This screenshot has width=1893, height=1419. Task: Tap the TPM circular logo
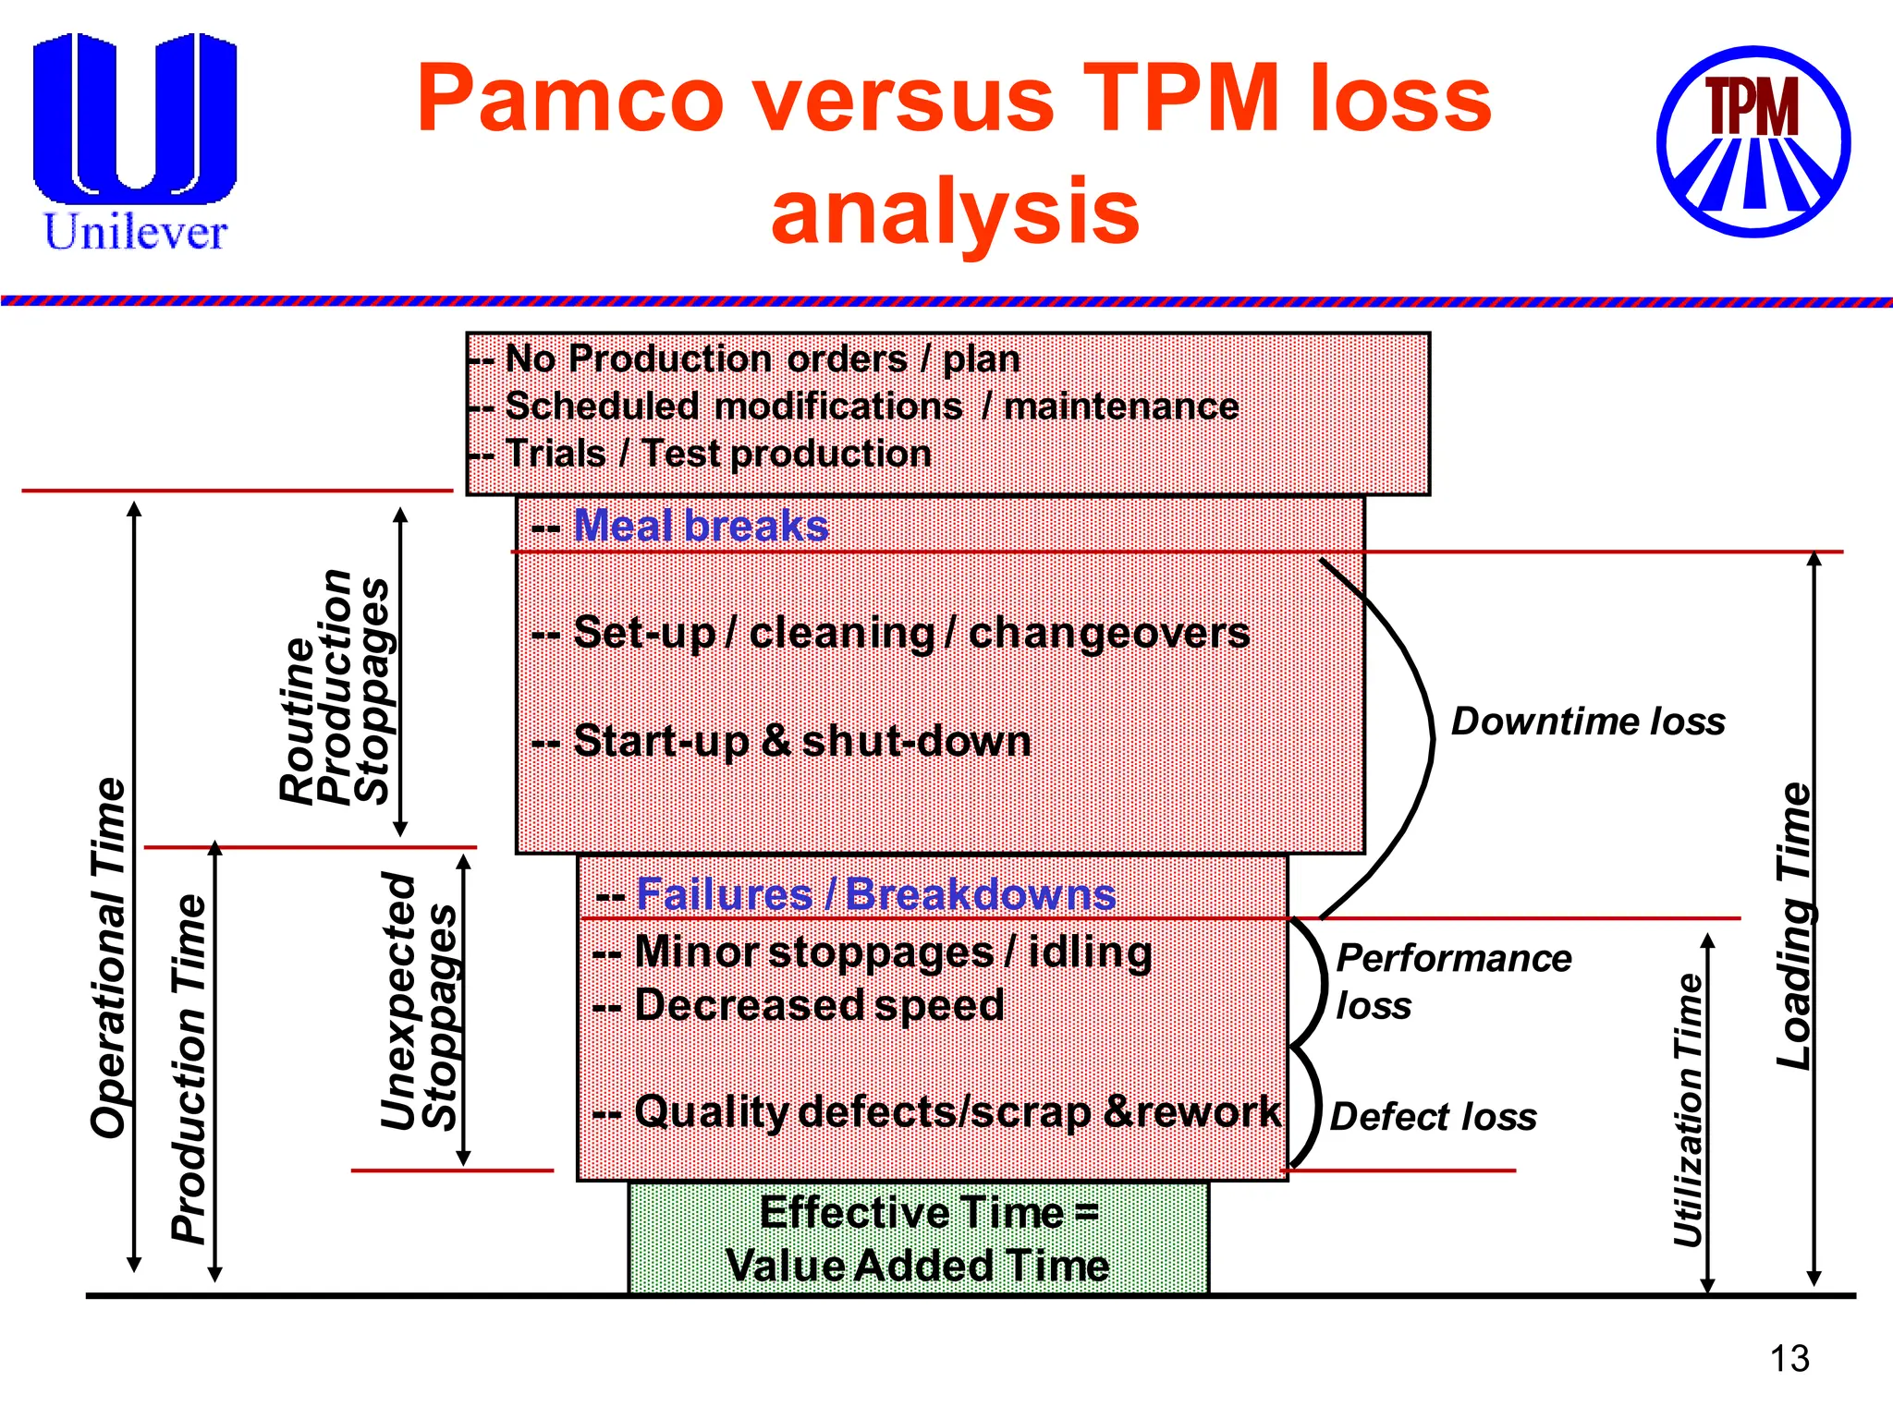pos(1753,141)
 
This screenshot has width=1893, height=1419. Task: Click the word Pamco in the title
pos(570,98)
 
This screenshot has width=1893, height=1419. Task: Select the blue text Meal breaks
pos(700,526)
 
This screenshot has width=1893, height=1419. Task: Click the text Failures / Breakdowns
pos(874,894)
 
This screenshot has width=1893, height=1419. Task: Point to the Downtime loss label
pos(1587,721)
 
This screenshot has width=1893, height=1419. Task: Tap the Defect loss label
pos(1433,1116)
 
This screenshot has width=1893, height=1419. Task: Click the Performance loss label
pos(1453,981)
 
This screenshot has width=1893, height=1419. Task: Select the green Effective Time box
pos(919,1239)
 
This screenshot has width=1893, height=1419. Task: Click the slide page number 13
pos(1789,1358)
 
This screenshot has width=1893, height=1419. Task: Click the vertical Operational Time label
pos(109,957)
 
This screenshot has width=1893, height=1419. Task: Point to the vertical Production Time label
pos(189,1068)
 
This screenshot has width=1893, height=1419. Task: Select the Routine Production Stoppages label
pos(335,686)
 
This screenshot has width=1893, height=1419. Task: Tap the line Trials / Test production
pos(718,454)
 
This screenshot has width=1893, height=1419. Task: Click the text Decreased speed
pos(818,1005)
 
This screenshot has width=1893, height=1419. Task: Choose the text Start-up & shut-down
pos(801,741)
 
